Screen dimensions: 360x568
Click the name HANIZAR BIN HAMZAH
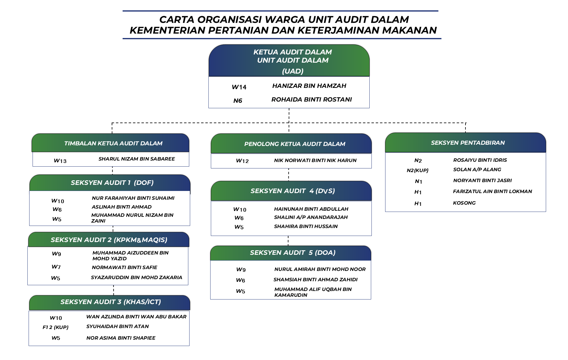(309, 86)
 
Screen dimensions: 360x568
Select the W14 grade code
(239, 87)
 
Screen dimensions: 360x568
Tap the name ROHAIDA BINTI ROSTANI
(312, 100)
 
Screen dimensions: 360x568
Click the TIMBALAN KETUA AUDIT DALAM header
(113, 143)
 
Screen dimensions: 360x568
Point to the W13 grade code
(60, 161)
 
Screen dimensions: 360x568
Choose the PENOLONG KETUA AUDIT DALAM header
(294, 144)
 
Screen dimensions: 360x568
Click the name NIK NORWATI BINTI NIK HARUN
(315, 161)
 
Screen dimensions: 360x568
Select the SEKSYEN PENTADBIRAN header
(468, 143)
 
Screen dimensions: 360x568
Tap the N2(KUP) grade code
(417, 170)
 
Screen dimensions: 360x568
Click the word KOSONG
(464, 203)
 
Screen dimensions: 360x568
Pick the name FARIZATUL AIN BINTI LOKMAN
(492, 192)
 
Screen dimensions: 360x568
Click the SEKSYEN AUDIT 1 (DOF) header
(112, 183)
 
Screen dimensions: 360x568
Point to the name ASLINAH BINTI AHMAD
(122, 207)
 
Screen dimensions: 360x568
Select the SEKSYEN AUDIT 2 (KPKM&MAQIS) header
(109, 240)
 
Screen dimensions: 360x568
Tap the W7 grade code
(56, 267)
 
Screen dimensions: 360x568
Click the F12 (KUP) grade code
(55, 327)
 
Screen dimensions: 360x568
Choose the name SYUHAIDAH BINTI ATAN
(117, 327)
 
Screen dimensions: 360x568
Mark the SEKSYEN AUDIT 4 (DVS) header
(292, 191)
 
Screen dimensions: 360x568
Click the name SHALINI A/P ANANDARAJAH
(311, 217)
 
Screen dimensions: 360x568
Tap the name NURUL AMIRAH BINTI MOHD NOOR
(320, 269)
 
